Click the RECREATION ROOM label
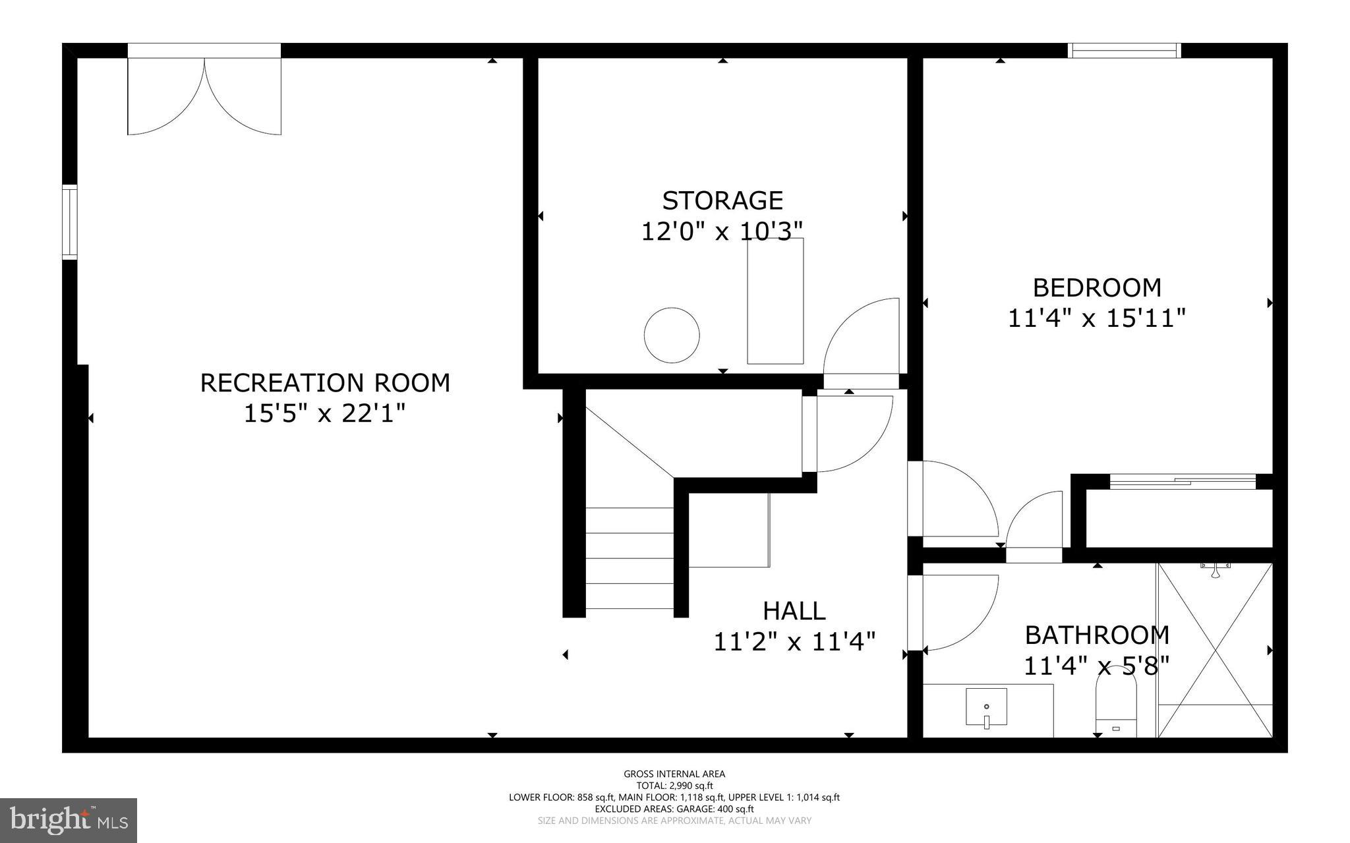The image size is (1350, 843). [x=325, y=383]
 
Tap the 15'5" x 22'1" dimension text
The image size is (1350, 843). [x=325, y=414]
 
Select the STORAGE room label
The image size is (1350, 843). [x=722, y=200]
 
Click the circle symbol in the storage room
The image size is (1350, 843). [x=671, y=335]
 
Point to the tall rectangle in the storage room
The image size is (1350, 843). [x=775, y=301]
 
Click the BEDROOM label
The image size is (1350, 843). [x=1097, y=288]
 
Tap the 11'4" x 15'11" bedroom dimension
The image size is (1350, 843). [x=1097, y=319]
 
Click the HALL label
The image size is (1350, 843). [x=794, y=611]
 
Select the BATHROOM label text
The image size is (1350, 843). [x=1097, y=635]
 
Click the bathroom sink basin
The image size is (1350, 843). [x=986, y=707]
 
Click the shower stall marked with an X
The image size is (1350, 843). [x=1215, y=649]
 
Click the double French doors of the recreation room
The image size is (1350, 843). [x=204, y=92]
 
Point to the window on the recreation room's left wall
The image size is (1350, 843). [x=70, y=222]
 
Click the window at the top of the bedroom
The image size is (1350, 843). [x=1123, y=51]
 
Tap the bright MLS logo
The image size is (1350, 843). [x=69, y=820]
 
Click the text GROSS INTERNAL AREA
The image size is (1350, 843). [x=674, y=774]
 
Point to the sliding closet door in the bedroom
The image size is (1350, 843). [x=1182, y=482]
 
